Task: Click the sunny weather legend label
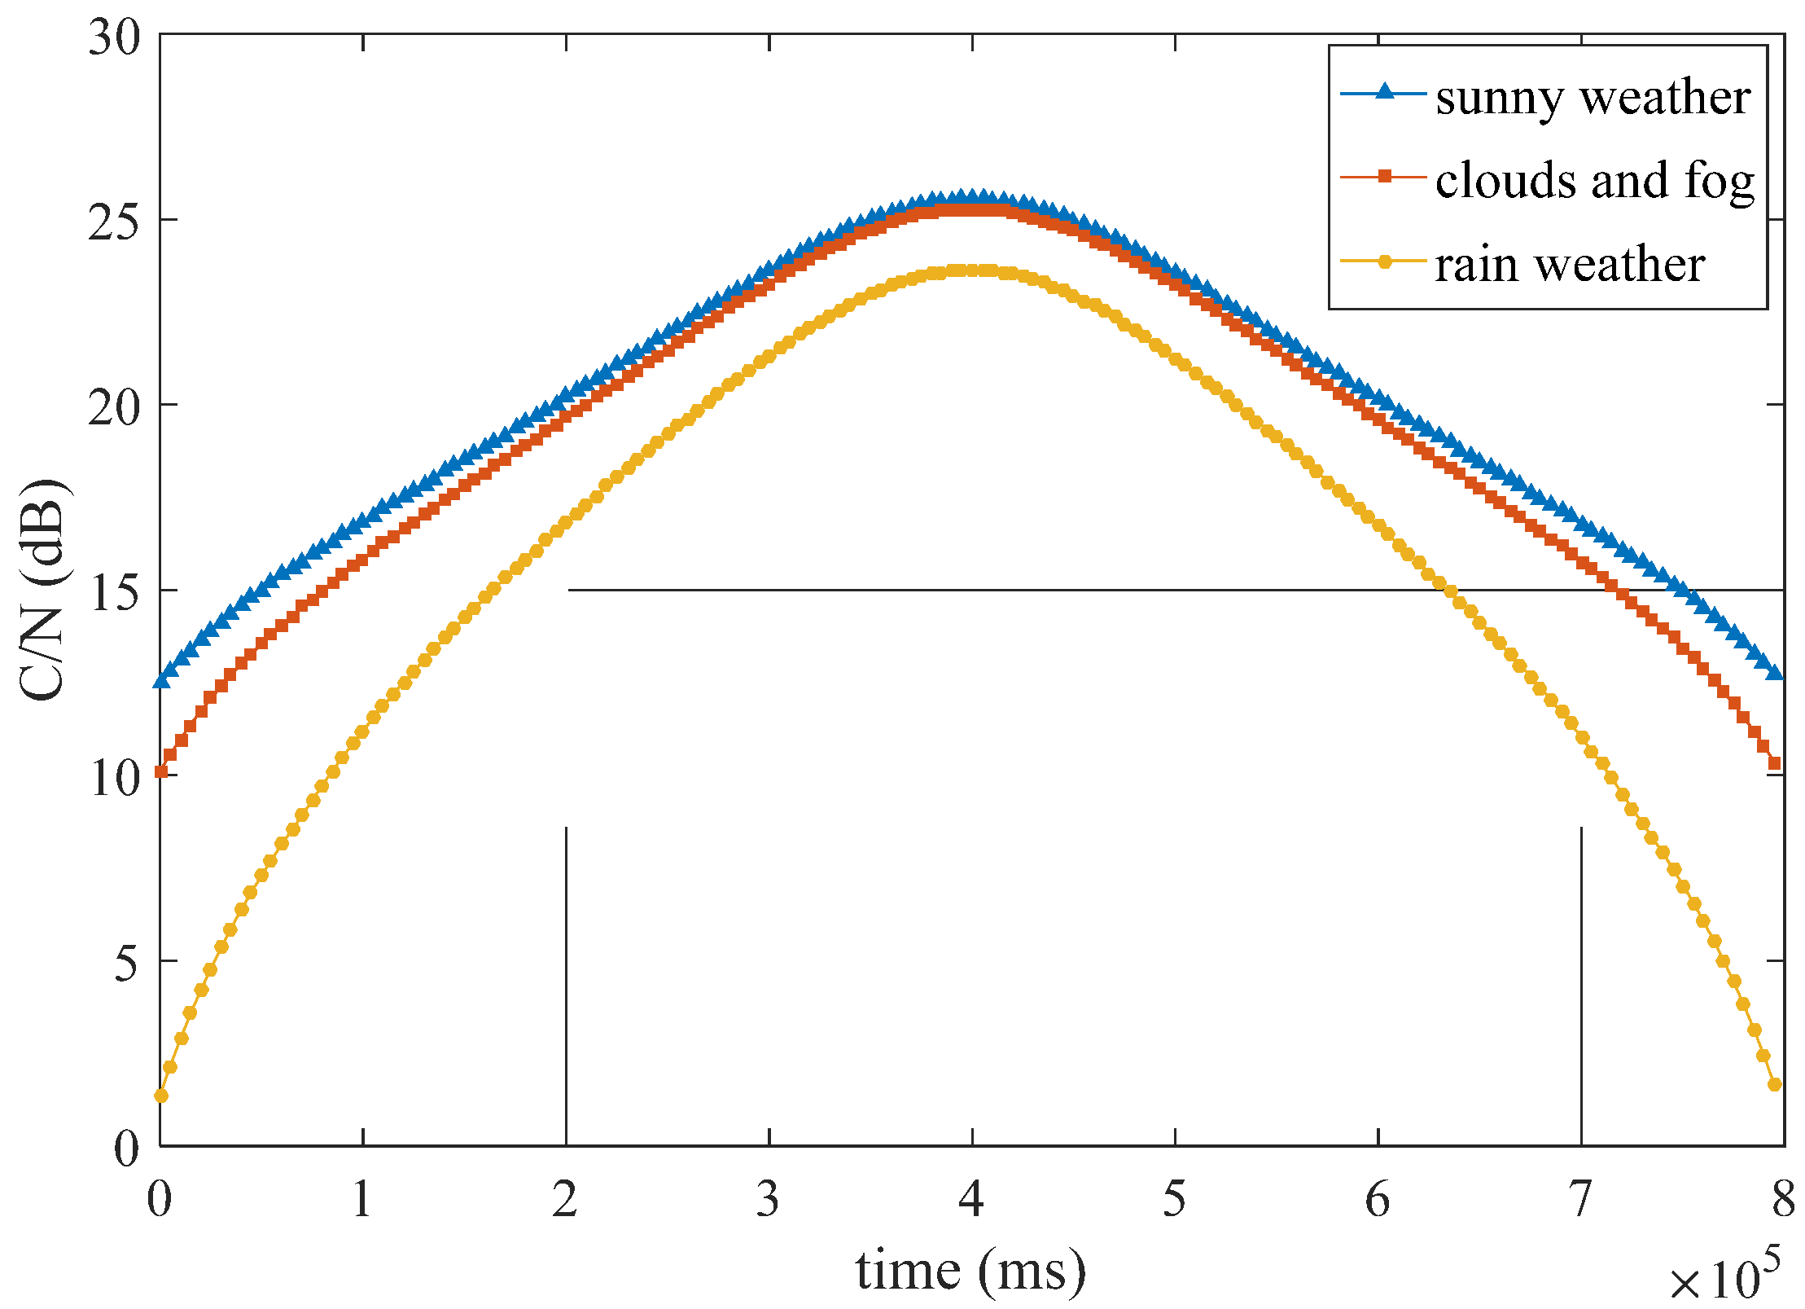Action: (1592, 99)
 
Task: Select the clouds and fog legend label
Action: (1594, 181)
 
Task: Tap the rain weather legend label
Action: (1569, 266)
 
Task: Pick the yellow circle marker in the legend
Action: (1383, 261)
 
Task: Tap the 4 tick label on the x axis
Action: (970, 1199)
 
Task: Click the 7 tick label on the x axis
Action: (1580, 1199)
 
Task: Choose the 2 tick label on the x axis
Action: (565, 1199)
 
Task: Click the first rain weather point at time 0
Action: (161, 1096)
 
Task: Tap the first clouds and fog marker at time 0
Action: (161, 771)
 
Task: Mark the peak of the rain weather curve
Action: (970, 270)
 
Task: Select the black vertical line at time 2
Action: (566, 977)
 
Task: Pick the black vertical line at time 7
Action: (1581, 977)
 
